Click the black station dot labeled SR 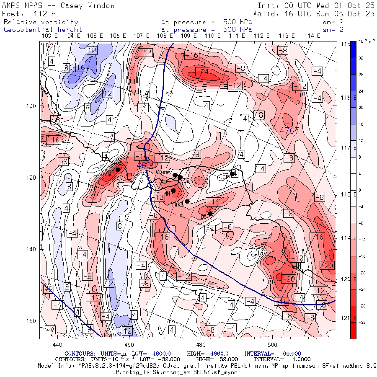tap(118, 170)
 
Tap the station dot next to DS tap(210, 214)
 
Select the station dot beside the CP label tap(232, 174)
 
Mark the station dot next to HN tap(173, 191)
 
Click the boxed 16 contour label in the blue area tap(80, 67)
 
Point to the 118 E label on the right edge tap(346, 194)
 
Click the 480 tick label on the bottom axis tap(201, 344)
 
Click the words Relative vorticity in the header tap(41, 22)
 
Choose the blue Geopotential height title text tap(43, 30)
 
